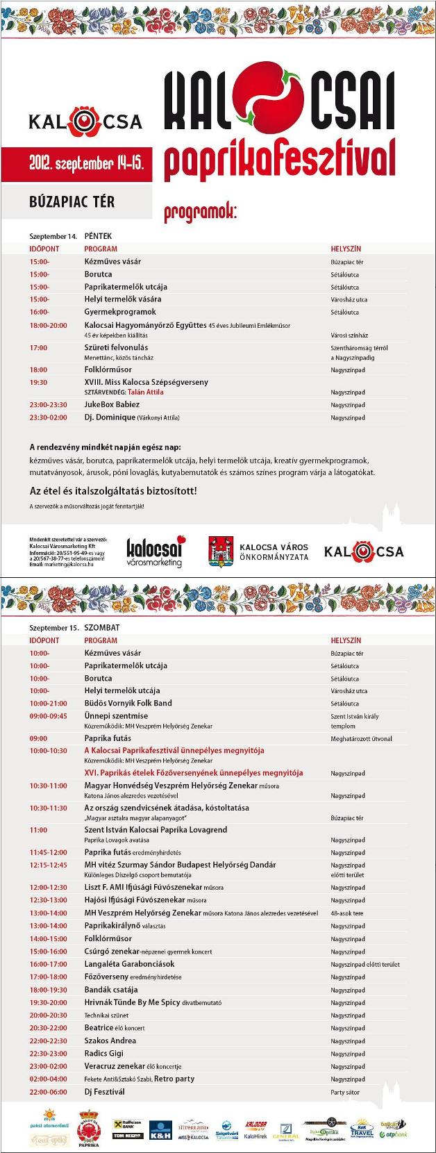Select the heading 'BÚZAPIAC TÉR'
(x=72, y=202)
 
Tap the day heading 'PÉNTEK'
(x=98, y=236)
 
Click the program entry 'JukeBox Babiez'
(x=112, y=404)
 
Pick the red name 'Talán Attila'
(x=146, y=392)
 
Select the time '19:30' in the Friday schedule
(x=38, y=382)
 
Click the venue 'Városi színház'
(x=349, y=335)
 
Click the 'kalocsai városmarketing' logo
(x=155, y=551)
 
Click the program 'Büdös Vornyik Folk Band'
(x=128, y=703)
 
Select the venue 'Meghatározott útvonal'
(x=361, y=738)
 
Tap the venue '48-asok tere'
(x=347, y=913)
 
